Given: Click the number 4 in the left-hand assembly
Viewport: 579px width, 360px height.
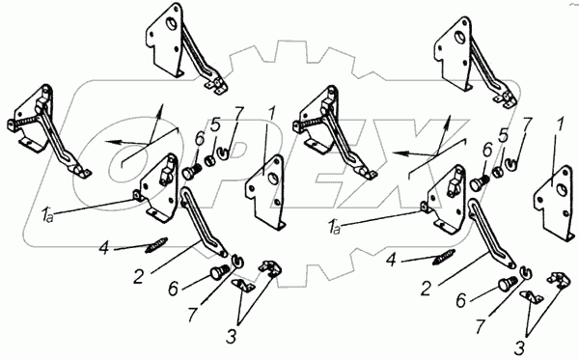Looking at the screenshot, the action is (x=104, y=248).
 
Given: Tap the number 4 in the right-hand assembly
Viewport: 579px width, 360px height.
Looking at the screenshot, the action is (x=391, y=261).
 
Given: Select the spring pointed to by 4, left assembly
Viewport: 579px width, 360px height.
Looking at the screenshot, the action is (x=156, y=245).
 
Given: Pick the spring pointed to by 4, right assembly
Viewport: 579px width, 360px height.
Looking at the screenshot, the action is (x=444, y=257).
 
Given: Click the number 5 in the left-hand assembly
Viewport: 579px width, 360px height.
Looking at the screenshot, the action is (x=215, y=125).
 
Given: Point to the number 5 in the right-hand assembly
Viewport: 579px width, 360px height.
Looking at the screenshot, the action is (x=503, y=135).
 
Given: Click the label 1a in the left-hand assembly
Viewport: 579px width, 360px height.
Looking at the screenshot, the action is (x=47, y=215).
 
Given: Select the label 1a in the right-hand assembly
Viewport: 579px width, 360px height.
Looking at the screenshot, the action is (x=334, y=226).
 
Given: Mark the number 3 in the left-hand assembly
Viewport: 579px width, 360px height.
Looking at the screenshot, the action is (x=232, y=337).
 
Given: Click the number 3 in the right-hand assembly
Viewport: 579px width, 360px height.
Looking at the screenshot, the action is (x=519, y=347).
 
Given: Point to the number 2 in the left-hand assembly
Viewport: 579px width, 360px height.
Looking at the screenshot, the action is (x=138, y=277).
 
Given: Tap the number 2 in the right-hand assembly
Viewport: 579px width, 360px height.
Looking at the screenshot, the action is (x=426, y=289).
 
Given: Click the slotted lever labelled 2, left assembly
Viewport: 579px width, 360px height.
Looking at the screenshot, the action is (x=203, y=222).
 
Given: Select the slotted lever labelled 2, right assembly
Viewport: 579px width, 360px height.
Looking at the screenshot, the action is (x=490, y=233).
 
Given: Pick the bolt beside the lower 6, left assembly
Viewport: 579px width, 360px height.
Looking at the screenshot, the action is (x=218, y=273).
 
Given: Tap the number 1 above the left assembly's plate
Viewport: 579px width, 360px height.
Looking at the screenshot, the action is (x=271, y=114).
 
